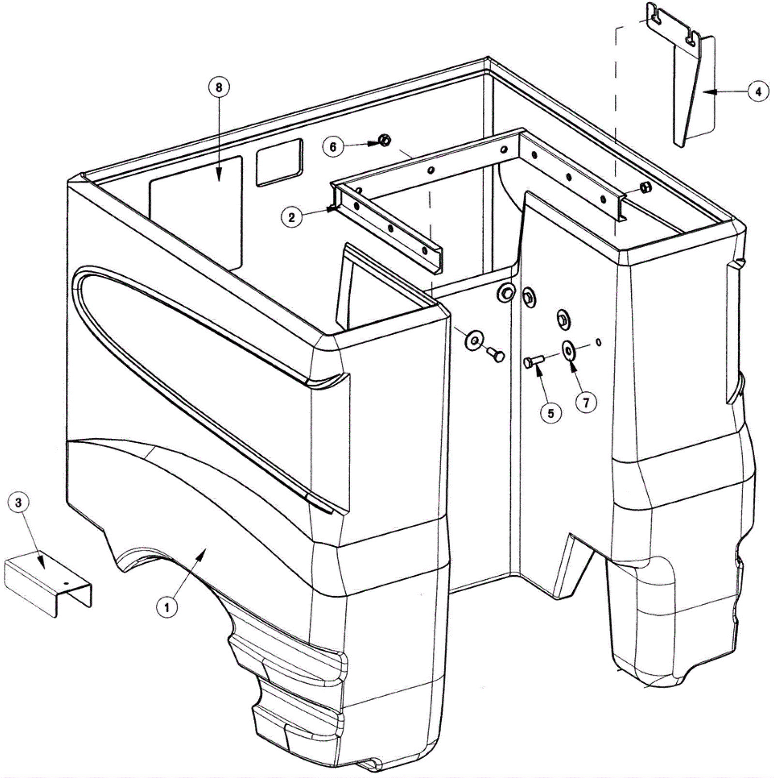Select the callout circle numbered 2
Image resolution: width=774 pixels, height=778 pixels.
291,217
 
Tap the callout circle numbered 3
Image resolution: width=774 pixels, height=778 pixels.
18,502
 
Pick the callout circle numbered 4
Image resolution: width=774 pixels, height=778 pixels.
758,91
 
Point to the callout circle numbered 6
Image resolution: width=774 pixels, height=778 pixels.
333,147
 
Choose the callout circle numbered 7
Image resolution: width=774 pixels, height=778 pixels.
586,403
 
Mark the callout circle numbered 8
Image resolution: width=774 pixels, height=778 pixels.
219,88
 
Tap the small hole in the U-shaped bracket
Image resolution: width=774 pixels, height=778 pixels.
67,583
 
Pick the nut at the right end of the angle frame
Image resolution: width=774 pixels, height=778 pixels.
645,187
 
